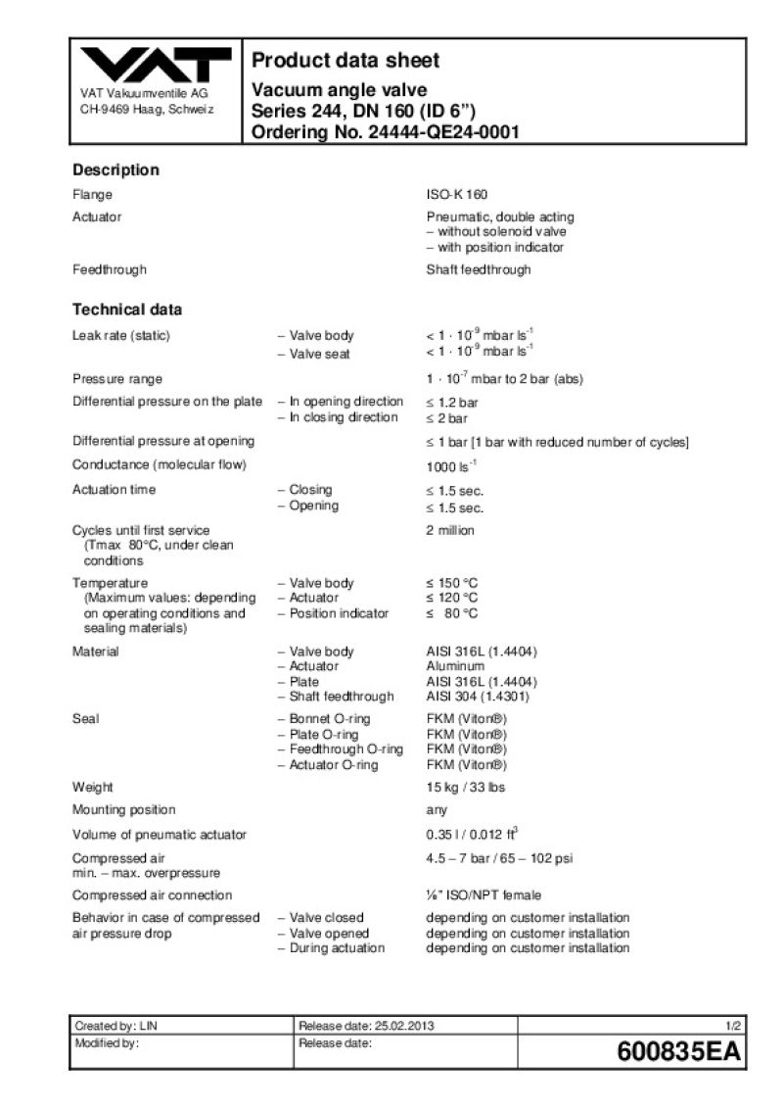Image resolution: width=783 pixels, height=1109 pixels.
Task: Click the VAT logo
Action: click(x=155, y=67)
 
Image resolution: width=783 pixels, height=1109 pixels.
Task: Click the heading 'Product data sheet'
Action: click(x=345, y=61)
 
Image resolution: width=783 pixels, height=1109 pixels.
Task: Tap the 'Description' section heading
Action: click(x=115, y=169)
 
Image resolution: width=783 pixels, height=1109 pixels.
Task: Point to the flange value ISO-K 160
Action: click(x=456, y=194)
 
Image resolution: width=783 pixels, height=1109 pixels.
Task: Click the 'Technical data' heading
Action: click(x=127, y=310)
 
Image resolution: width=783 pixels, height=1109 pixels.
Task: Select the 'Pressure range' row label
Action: click(x=117, y=379)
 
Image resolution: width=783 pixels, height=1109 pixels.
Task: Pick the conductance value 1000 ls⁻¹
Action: click(x=451, y=465)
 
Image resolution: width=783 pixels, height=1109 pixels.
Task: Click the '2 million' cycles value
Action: click(x=450, y=530)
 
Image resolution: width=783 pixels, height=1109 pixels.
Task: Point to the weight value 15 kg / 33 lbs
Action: click(x=466, y=787)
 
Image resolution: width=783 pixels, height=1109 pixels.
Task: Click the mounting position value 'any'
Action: click(x=437, y=809)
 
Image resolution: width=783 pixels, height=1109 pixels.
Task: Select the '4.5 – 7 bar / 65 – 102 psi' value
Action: click(x=499, y=858)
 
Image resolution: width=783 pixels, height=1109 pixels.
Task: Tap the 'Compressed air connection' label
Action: click(x=153, y=894)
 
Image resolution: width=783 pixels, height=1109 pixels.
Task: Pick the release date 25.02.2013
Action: click(x=404, y=1026)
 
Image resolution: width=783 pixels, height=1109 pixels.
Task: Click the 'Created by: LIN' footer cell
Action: click(x=116, y=1026)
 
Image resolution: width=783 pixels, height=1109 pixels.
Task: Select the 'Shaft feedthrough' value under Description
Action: click(x=479, y=268)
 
